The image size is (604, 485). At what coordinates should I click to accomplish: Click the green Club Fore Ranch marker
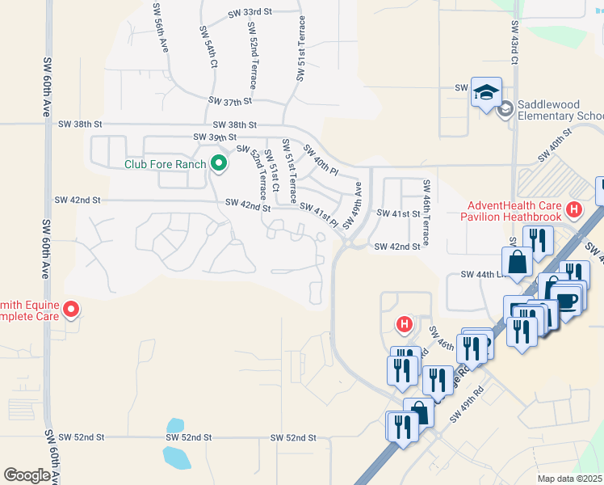tap(218, 164)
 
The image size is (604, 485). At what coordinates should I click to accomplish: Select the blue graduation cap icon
tap(487, 92)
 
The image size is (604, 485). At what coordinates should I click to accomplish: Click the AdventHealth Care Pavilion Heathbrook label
tap(513, 211)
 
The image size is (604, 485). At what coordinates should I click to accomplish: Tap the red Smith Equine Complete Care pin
tap(70, 309)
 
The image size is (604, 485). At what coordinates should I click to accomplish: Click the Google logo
tap(27, 475)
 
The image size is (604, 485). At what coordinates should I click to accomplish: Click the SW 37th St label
tap(230, 101)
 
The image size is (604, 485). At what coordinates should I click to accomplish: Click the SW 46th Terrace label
tap(426, 214)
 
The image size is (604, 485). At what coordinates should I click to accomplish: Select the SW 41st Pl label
tap(318, 214)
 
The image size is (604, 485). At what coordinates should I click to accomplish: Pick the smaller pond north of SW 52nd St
tap(174, 426)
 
